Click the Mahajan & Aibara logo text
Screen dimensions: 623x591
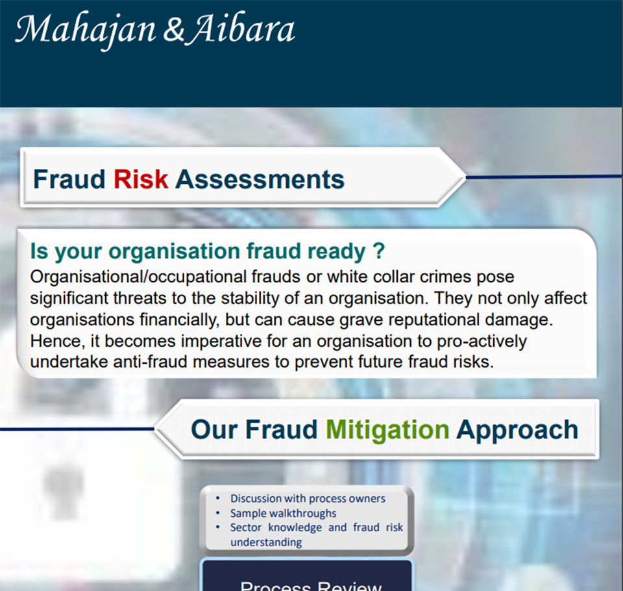(155, 30)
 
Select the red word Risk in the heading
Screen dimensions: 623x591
(141, 179)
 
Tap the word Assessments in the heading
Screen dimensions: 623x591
(260, 179)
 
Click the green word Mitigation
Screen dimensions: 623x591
(387, 431)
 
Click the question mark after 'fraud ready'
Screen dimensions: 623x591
(379, 251)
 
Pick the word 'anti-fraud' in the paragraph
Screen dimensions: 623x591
(150, 362)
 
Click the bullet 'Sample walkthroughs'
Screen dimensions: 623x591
(284, 514)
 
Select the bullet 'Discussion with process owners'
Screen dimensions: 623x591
(308, 499)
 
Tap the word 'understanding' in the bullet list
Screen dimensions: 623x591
(266, 542)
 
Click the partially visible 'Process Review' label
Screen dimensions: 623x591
(311, 586)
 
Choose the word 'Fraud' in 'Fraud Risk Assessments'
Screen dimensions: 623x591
(69, 179)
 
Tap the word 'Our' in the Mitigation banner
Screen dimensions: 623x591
(214, 430)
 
